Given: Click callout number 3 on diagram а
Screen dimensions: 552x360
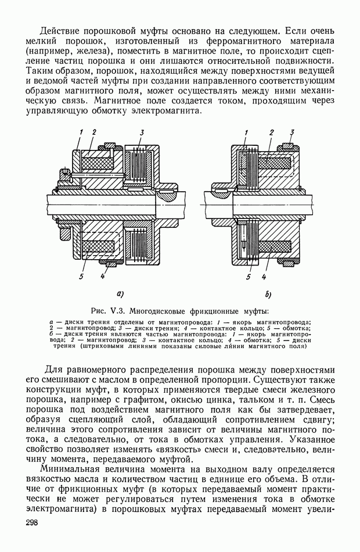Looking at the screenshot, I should [142, 133].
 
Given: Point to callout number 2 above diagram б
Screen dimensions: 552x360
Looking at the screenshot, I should [271, 133].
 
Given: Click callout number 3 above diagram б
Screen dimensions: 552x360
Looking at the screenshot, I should [293, 132].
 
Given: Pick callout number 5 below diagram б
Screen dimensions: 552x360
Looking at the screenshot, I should [248, 277].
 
